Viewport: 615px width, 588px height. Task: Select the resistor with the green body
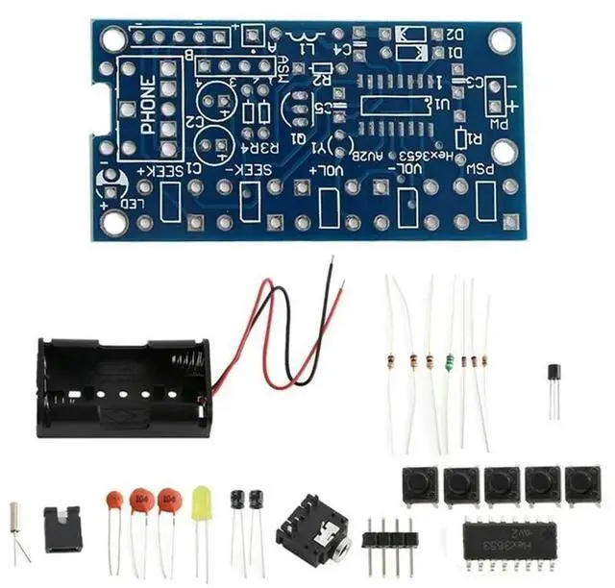(448, 361)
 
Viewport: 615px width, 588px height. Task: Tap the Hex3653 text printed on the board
(448, 153)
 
